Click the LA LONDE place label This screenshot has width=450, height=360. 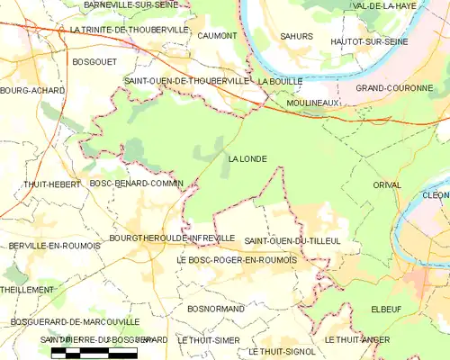[x=247, y=159]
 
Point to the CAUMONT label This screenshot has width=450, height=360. [x=217, y=36]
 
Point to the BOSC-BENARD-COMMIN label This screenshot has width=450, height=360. [x=136, y=184]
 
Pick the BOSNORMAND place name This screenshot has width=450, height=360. [x=212, y=309]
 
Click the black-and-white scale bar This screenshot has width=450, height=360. [x=94, y=351]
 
